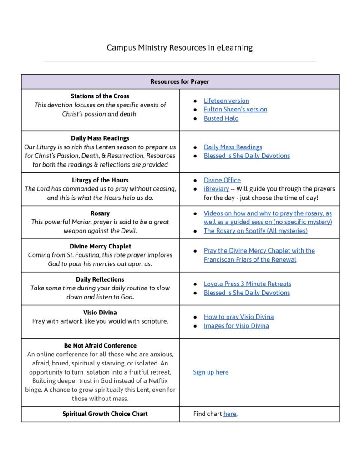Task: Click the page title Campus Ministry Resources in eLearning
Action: (x=180, y=47)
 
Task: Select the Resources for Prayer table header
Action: (x=180, y=82)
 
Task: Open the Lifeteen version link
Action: (x=226, y=101)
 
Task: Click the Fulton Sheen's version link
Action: (x=235, y=109)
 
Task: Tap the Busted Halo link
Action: (x=221, y=118)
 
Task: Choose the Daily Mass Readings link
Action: (x=233, y=147)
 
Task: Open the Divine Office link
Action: (x=222, y=180)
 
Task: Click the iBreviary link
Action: (x=216, y=189)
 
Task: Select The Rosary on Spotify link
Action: (x=255, y=231)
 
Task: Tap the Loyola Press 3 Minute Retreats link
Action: (x=247, y=284)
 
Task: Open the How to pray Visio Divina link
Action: (x=238, y=317)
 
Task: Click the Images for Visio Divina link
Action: (x=236, y=326)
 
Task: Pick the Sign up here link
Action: (x=211, y=372)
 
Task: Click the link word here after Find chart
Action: (x=230, y=414)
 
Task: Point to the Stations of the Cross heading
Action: (x=100, y=96)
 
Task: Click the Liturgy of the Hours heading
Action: (x=100, y=180)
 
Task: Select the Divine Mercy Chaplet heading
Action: (x=100, y=246)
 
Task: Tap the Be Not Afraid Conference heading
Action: (x=100, y=345)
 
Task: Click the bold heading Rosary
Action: (x=100, y=213)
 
